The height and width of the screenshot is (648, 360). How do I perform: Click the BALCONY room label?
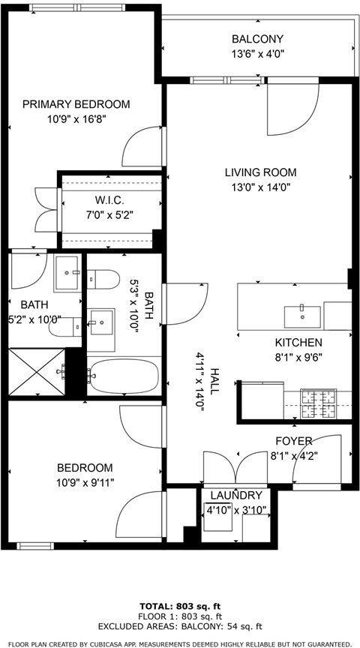coord(257,39)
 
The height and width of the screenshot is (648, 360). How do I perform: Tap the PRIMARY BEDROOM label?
coord(76,104)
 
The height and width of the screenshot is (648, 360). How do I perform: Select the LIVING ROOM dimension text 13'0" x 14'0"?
coord(260,187)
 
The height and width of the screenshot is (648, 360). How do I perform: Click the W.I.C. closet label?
coord(109,200)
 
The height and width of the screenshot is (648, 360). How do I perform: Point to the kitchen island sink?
coord(302,316)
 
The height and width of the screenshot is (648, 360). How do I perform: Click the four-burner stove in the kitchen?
coord(318,404)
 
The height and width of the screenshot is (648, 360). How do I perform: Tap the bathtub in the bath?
coord(123,376)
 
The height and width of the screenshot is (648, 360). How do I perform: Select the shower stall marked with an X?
coord(36,372)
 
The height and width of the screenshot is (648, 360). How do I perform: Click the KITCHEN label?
coord(298,343)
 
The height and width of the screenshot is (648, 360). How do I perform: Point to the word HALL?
coord(213,380)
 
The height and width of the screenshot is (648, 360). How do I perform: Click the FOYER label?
coord(293,441)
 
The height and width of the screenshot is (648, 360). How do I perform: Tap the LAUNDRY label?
coord(236,496)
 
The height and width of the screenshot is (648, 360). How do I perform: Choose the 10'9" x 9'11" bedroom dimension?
coord(85,482)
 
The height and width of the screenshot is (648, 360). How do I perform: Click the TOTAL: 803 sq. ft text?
coord(180,607)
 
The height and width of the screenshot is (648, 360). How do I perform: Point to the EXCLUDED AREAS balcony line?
coord(180,627)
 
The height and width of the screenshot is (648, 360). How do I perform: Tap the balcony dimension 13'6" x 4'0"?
coord(257,54)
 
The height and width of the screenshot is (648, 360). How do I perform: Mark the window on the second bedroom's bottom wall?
coord(35,546)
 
